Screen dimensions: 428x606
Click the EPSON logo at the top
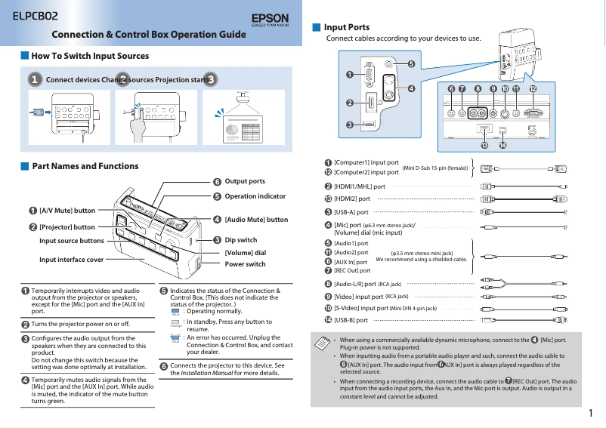click(269, 18)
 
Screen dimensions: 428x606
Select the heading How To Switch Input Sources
click(90, 56)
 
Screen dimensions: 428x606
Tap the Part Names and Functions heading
click(85, 166)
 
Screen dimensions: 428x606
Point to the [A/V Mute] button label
click(66, 211)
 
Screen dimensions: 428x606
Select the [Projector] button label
click(66, 226)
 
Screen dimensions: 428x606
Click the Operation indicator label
click(255, 196)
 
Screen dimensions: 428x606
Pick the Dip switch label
click(241, 240)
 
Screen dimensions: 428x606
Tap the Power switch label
click(246, 264)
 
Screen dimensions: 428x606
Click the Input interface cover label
click(72, 259)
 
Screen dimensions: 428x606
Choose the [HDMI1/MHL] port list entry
click(359, 186)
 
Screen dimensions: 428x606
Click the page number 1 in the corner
click(591, 413)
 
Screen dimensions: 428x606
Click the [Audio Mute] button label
click(256, 220)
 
